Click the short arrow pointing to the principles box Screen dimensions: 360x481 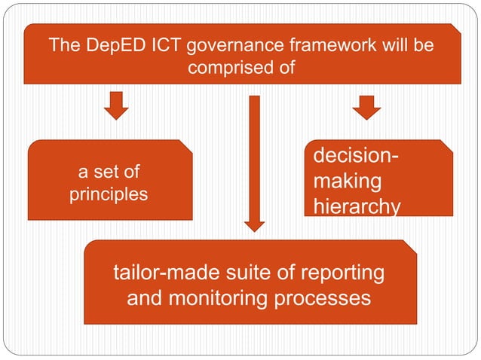115,106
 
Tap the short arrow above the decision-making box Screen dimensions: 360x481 366,106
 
